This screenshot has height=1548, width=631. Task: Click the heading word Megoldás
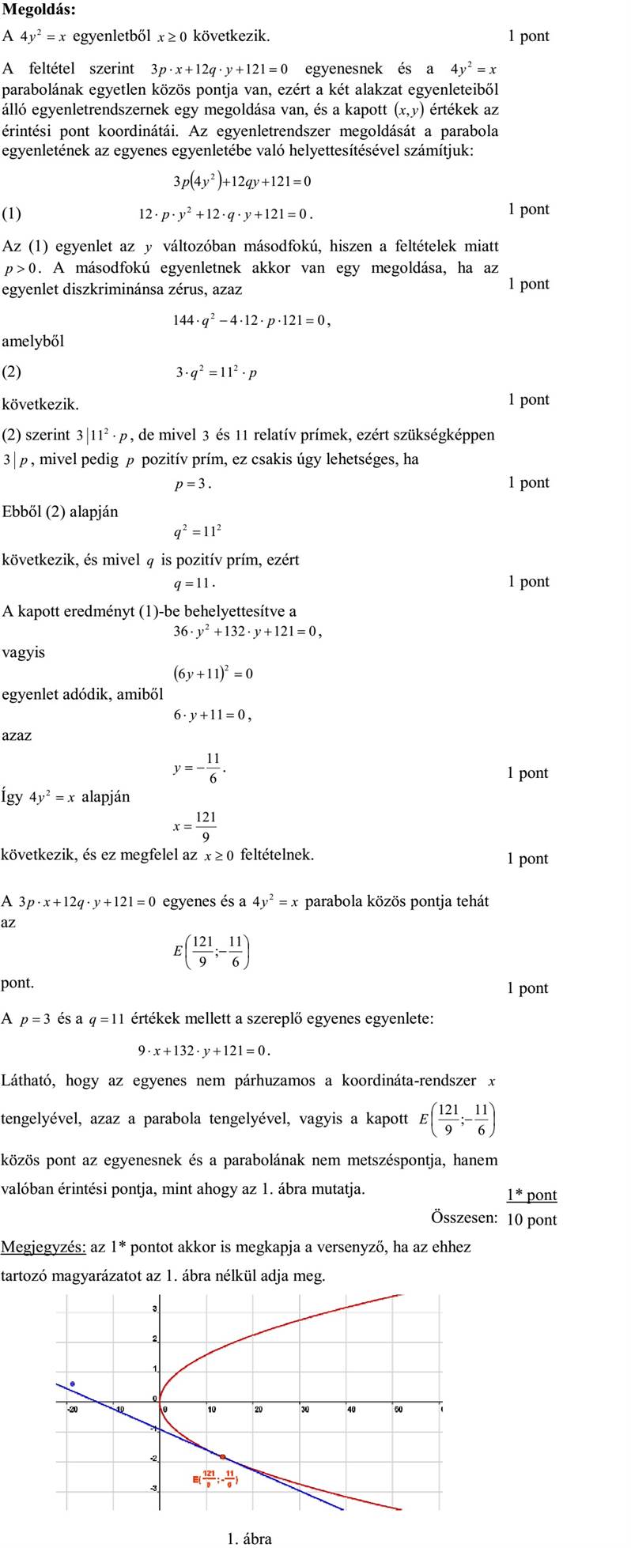tap(39, 10)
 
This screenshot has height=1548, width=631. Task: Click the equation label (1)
tap(12, 213)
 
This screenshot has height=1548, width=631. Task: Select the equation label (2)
tap(12, 371)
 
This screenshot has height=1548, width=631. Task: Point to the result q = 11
tap(194, 584)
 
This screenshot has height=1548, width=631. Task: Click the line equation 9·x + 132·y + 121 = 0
tap(204, 1051)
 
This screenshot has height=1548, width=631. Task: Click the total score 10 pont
tap(531, 1219)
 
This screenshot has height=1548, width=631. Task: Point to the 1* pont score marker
tap(531, 1195)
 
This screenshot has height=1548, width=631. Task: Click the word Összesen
tap(464, 1217)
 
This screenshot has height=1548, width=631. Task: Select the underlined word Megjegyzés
tap(43, 1247)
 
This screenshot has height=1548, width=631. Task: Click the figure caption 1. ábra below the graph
tap(249, 1538)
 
